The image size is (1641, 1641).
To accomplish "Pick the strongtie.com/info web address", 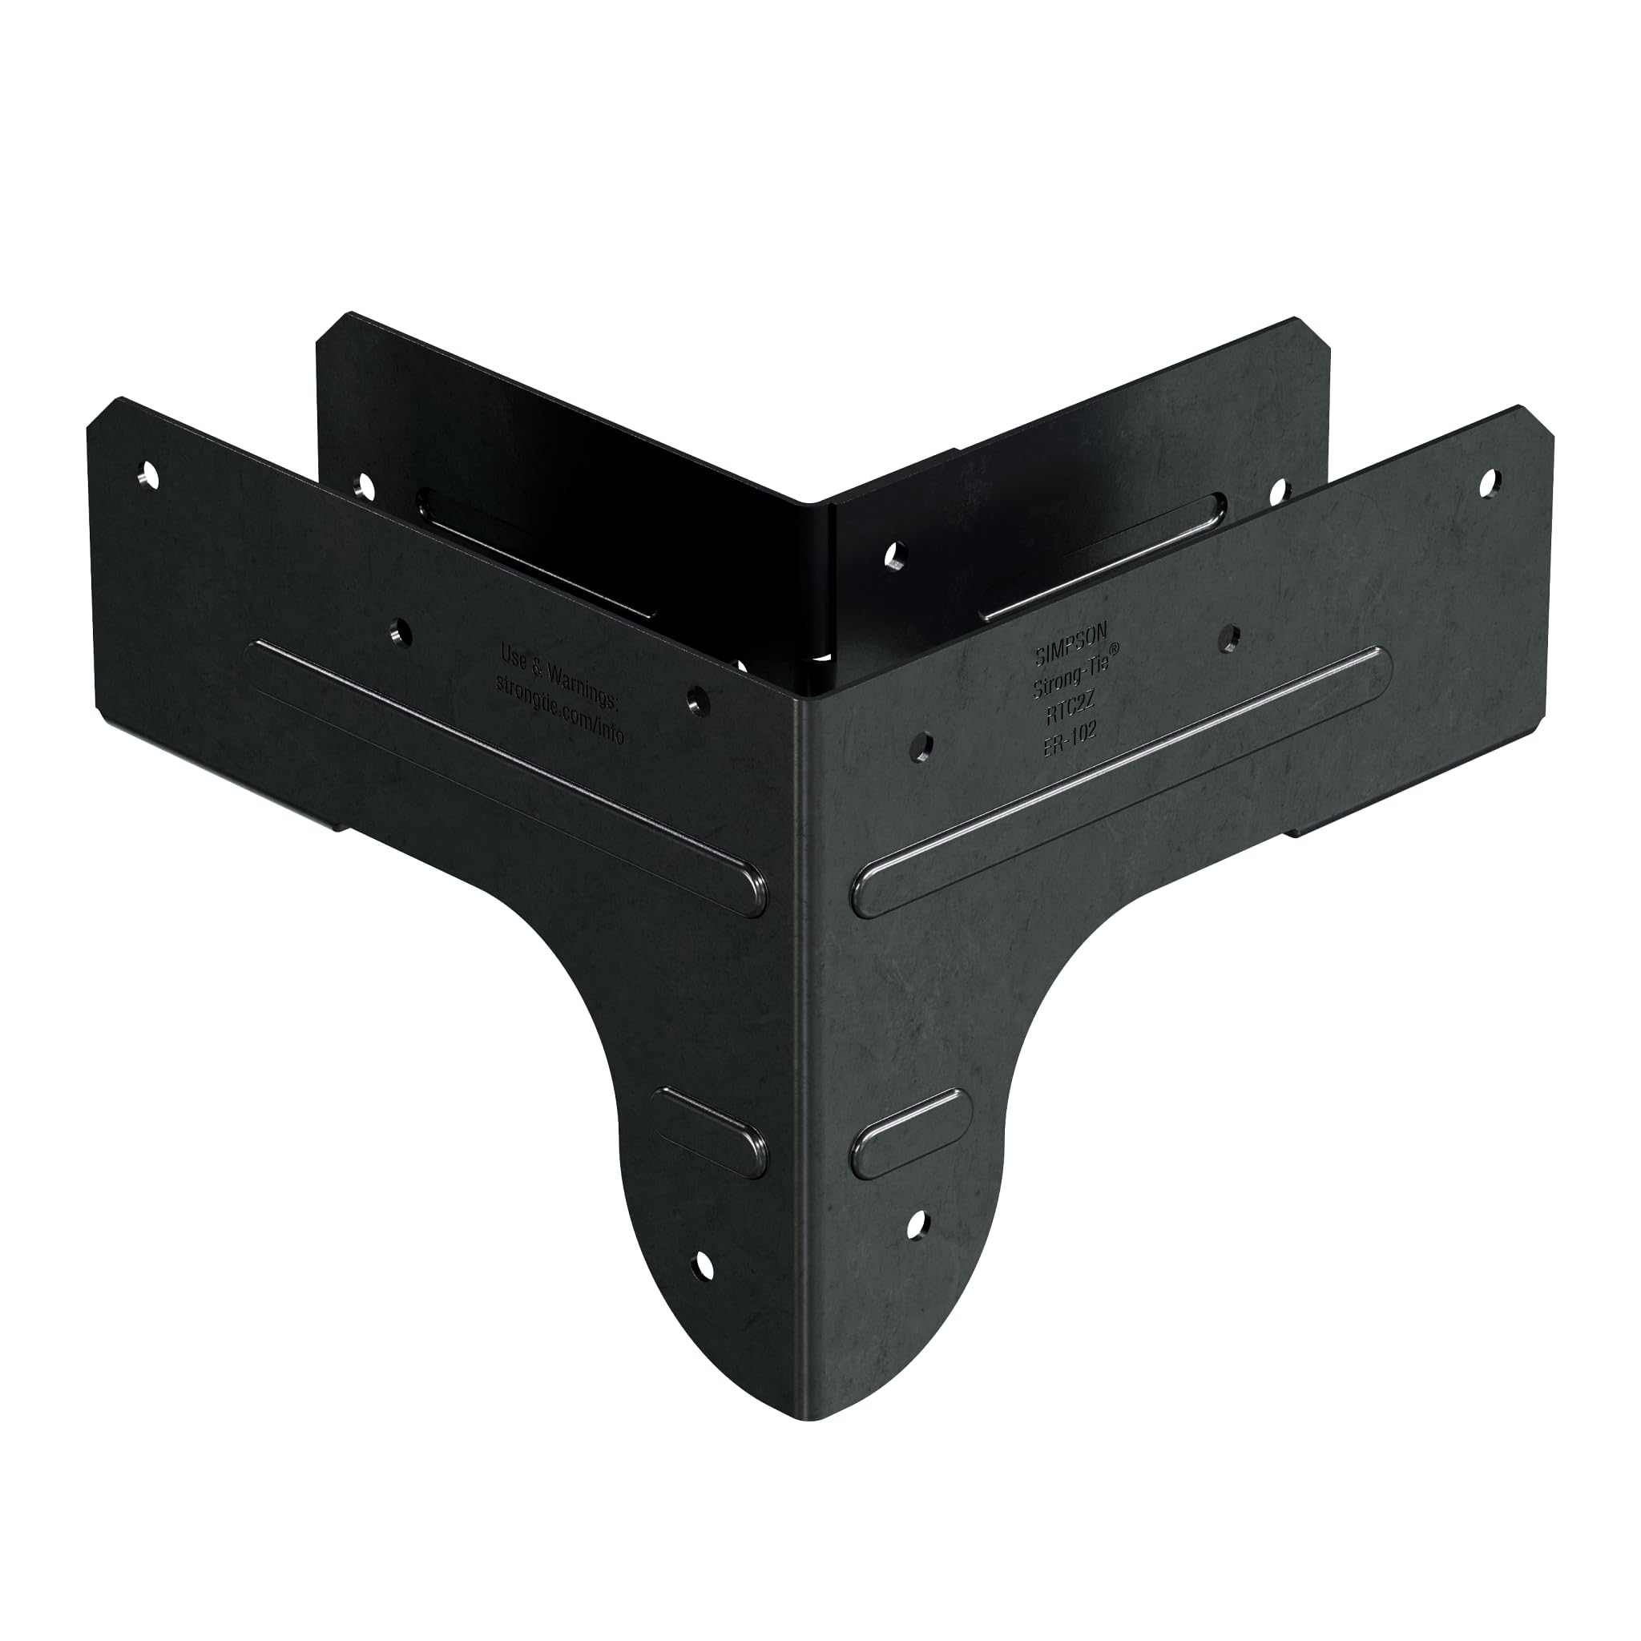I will (x=560, y=706).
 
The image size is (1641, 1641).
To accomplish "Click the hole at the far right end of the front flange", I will (x=1486, y=483).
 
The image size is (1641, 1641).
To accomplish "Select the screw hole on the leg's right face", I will (x=917, y=1224).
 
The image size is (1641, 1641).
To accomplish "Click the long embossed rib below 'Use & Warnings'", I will (x=505, y=777).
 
